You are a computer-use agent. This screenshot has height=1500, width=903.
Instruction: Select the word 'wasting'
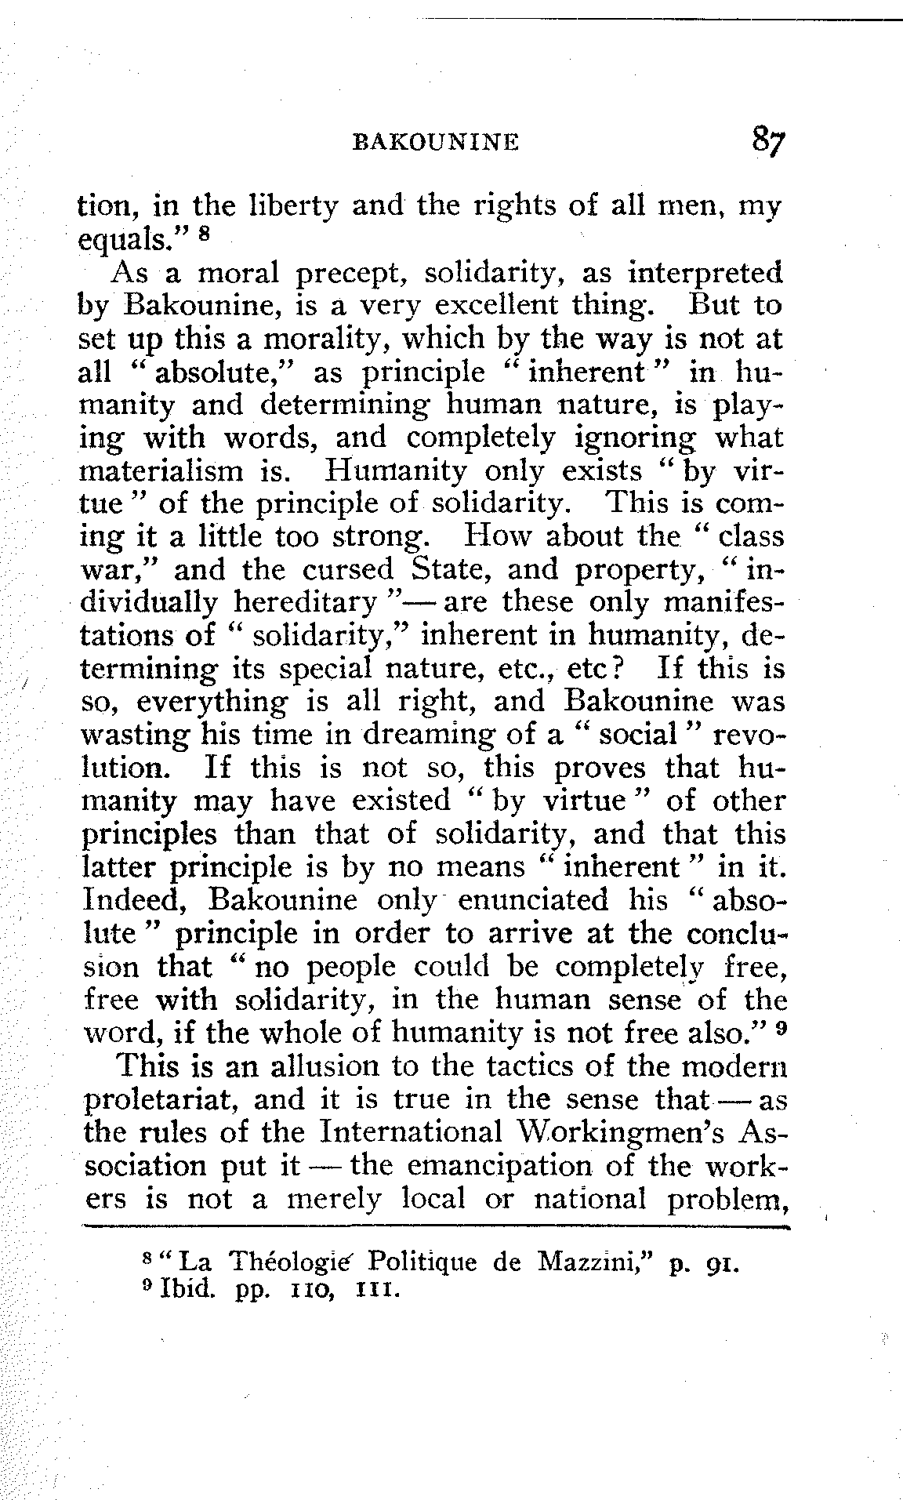pos(133,736)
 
